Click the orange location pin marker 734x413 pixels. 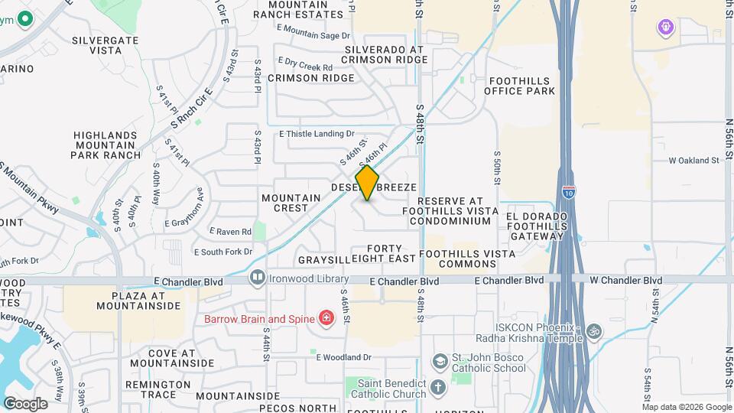pyautogui.click(x=368, y=183)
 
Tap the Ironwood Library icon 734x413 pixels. pyautogui.click(x=258, y=277)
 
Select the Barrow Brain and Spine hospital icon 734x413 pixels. pyautogui.click(x=326, y=317)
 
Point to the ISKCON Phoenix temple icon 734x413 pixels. pyautogui.click(x=593, y=332)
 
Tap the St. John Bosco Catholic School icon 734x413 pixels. pyautogui.click(x=440, y=361)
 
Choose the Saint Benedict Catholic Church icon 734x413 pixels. pyautogui.click(x=438, y=388)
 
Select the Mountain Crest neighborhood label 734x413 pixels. pyautogui.click(x=291, y=203)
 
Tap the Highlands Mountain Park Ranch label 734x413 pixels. pyautogui.click(x=106, y=145)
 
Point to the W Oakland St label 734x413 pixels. pyautogui.click(x=694, y=161)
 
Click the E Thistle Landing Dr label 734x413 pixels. pyautogui.click(x=317, y=134)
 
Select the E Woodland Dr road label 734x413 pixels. pyautogui.click(x=343, y=357)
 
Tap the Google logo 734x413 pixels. pyautogui.click(x=25, y=403)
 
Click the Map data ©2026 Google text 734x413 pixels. pyautogui.click(x=686, y=406)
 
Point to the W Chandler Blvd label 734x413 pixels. pyautogui.click(x=625, y=281)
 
